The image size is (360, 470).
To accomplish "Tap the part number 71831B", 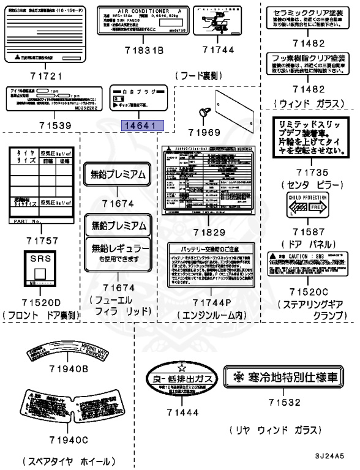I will (140, 50).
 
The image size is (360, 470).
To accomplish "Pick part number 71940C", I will (69, 439).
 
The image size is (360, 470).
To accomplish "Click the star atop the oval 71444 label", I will (181, 367).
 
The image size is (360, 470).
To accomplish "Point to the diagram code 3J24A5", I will (329, 456).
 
